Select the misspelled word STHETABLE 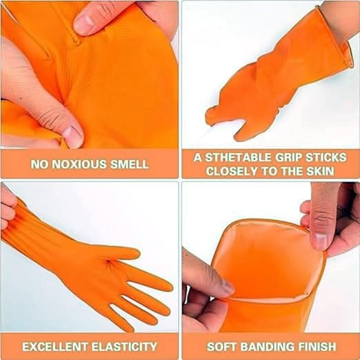click(x=238, y=157)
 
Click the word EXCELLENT click(x=55, y=346)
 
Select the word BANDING click(x=268, y=346)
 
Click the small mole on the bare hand click(x=21, y=99)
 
